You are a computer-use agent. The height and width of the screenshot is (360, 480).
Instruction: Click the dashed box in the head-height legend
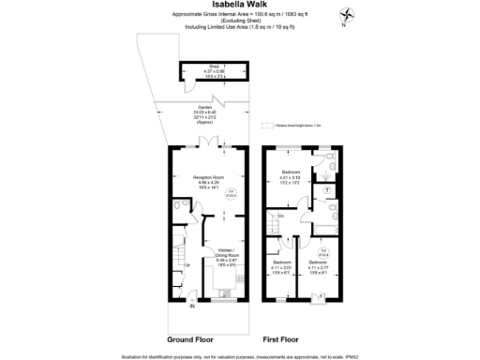pyautogui.click(x=268, y=125)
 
